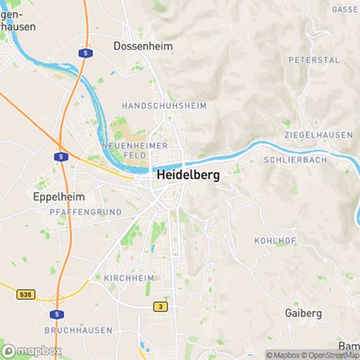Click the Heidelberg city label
tap(186, 175)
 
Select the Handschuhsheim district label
tap(164, 106)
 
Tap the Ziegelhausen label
tap(318, 135)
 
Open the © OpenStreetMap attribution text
tap(331, 355)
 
